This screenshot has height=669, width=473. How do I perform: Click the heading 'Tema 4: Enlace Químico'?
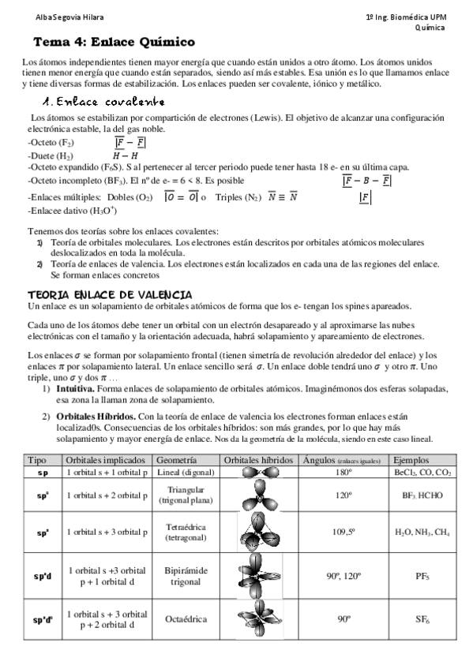(x=114, y=41)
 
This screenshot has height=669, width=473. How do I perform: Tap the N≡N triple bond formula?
(x=283, y=196)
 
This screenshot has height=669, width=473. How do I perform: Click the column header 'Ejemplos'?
(x=413, y=460)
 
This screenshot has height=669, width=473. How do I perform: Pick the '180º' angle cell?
(x=343, y=472)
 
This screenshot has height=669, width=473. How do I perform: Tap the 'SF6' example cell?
(x=422, y=619)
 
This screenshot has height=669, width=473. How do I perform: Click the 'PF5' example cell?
(x=422, y=576)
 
